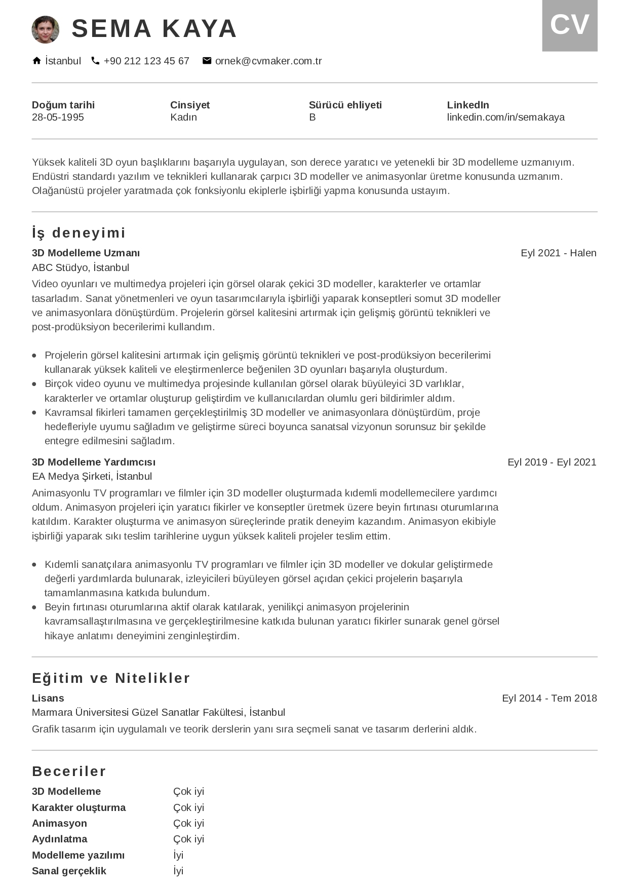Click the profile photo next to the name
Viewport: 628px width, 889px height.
pos(46,29)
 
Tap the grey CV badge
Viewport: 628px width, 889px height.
pos(570,25)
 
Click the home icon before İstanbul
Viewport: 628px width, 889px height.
pos(36,61)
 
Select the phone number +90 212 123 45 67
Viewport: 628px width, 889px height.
pos(146,61)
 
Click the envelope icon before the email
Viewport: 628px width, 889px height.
pos(207,61)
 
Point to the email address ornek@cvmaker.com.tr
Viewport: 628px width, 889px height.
pos(268,61)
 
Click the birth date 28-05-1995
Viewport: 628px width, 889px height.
pos(58,117)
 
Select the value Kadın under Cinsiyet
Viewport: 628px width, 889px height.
pos(183,117)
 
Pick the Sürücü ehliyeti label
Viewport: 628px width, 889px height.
pos(345,105)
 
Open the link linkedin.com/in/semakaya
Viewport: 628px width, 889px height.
pos(505,117)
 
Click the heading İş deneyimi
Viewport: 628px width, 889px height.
pos(78,233)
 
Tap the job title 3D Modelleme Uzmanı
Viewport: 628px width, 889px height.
pos(86,253)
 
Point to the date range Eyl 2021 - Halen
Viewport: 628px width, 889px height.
pos(558,253)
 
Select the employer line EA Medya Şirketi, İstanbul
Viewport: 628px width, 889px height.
pos(92,476)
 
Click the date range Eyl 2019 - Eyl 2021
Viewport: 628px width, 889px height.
pos(552,462)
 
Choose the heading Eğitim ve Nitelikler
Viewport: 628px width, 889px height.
pos(111,678)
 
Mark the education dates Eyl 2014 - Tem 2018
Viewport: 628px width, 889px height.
pos(549,698)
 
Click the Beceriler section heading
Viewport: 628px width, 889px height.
pos(69,771)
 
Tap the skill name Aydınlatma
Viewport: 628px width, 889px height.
pos(59,839)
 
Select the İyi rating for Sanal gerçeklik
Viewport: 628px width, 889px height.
pos(178,871)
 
